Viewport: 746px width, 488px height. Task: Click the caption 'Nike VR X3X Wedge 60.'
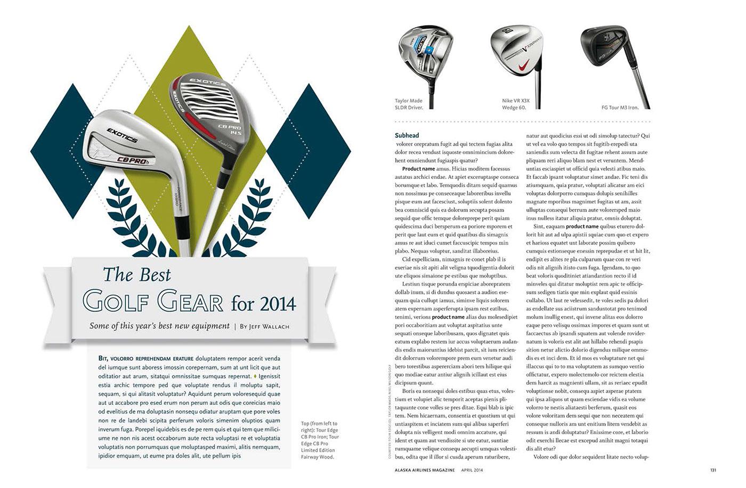(516, 104)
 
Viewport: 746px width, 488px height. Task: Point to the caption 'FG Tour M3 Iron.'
(620, 108)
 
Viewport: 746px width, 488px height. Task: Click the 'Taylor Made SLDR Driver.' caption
(409, 104)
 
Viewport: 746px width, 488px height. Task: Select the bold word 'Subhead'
(407, 135)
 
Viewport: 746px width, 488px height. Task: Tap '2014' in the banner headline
(278, 304)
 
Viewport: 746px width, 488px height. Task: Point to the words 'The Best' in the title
(137, 275)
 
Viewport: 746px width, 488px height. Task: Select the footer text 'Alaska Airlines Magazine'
(425, 470)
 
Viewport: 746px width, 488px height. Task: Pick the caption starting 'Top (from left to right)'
(320, 440)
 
